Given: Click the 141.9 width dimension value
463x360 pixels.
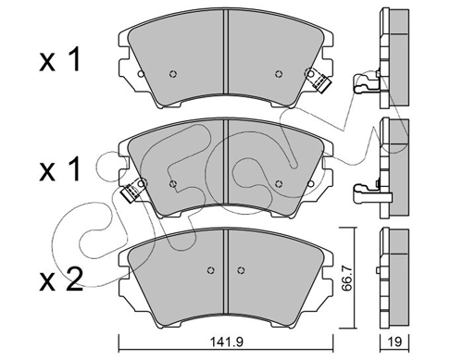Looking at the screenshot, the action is [227, 341].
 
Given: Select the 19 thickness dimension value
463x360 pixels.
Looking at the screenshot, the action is [394, 341].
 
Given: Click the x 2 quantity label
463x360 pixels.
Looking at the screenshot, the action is [61, 279].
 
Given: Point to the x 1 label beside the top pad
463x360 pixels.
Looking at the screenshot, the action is [60, 59].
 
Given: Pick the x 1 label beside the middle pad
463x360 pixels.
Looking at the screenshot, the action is [60, 169].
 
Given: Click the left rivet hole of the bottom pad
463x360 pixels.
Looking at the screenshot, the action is [210, 270].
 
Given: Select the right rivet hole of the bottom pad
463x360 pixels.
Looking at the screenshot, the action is [241, 270].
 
